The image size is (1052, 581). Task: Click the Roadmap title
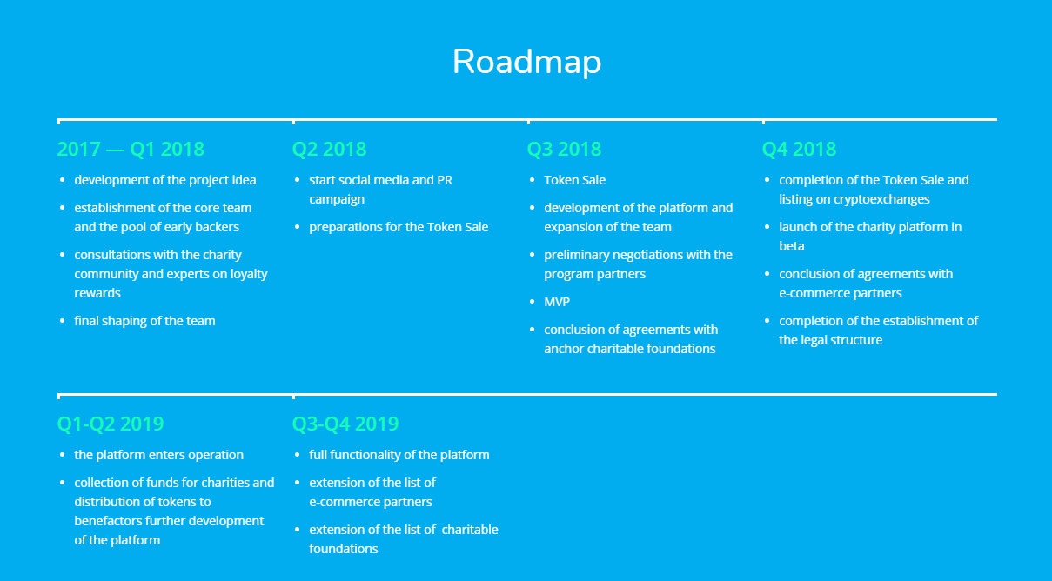(x=526, y=62)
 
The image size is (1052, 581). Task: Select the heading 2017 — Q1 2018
(x=131, y=149)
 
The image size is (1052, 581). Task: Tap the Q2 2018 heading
(x=329, y=149)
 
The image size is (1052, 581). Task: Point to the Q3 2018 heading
(x=564, y=149)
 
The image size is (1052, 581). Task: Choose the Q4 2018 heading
(x=799, y=149)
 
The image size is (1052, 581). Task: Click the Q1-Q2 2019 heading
(x=111, y=424)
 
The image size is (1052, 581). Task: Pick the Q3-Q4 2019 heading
(x=345, y=424)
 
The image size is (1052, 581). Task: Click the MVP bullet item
(x=557, y=302)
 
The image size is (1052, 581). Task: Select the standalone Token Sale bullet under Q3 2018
(x=575, y=180)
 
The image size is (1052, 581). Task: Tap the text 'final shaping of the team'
(x=144, y=321)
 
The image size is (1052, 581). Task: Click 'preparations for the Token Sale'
(x=399, y=227)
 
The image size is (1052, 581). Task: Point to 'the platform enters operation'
(x=158, y=455)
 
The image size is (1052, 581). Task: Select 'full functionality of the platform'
(x=399, y=455)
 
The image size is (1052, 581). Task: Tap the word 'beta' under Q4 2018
(x=792, y=246)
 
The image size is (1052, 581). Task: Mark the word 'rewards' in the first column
(x=97, y=293)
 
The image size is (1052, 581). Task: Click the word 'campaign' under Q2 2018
(x=337, y=199)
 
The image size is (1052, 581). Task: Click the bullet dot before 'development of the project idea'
(x=62, y=180)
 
